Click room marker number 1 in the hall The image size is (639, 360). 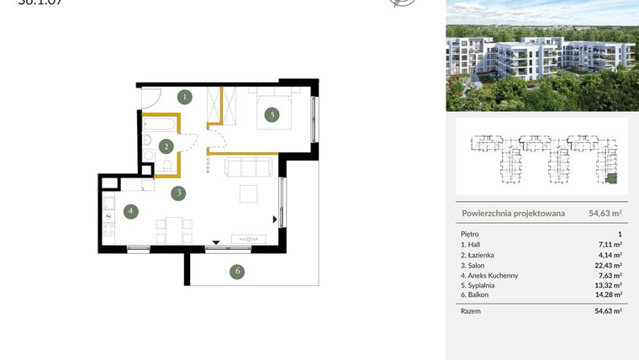click(186, 97)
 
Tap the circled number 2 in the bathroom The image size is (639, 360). click(167, 146)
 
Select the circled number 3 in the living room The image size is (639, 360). click(177, 193)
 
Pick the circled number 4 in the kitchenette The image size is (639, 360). click(130, 212)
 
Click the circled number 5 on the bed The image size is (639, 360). click(271, 115)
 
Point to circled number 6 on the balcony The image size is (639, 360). click(238, 271)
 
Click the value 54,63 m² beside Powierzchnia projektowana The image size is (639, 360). click(604, 214)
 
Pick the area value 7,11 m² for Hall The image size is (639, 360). click(610, 244)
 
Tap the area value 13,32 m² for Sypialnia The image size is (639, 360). click(607, 284)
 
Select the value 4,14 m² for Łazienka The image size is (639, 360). click(610, 254)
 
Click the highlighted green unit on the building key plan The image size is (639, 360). click(611, 177)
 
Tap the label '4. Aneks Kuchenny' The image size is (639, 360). click(490, 274)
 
